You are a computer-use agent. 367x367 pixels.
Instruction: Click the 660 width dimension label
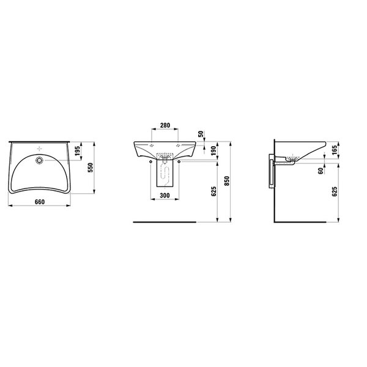40,202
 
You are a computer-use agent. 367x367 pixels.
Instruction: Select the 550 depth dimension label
91,168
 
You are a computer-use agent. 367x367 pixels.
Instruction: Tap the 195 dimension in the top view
78,151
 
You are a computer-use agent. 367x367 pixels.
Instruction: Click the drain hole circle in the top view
39,160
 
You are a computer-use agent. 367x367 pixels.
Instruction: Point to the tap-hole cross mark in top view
40,149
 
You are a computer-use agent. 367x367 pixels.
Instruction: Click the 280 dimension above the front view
165,125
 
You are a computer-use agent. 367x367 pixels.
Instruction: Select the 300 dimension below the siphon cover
165,195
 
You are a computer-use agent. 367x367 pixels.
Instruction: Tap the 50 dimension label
201,134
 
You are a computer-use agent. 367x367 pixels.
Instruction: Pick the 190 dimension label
213,150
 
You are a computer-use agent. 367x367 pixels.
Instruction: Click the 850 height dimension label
226,181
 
